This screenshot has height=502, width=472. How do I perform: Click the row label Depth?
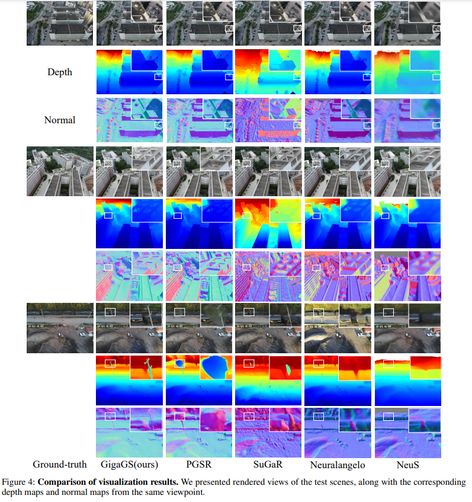pos(59,72)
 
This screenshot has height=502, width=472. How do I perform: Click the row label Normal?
pos(59,120)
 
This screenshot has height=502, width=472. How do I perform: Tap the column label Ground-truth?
pos(59,464)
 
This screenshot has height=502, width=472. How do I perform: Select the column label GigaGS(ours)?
pos(130,464)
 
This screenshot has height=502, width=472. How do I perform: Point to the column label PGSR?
pos(200,464)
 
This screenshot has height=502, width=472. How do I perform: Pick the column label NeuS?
pos(408,464)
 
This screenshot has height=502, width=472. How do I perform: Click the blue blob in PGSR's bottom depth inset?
pos(214,369)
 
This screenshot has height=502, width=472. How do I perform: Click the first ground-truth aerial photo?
pos(59,24)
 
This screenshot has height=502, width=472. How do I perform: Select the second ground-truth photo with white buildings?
pos(59,171)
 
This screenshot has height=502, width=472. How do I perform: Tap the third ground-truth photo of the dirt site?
pos(59,328)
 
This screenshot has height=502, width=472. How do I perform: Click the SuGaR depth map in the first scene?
pos(269,72)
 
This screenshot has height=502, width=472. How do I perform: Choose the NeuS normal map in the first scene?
pos(408,120)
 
